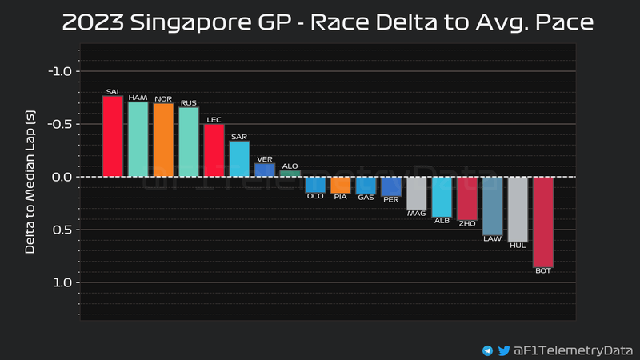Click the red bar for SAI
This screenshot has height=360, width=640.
pos(113,137)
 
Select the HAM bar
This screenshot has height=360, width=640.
pos(138,139)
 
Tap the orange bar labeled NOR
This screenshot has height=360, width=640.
pos(163,140)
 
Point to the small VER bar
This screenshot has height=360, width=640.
pos(265,170)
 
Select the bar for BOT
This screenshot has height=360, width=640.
pos(543,222)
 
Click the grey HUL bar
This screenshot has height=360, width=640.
pos(518,208)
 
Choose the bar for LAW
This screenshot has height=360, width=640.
pos(492,206)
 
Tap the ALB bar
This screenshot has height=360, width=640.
pos(442,197)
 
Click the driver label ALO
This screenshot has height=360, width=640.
pos(290,166)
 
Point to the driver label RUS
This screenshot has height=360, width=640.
pos(189,102)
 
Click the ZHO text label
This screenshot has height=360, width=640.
pos(467,223)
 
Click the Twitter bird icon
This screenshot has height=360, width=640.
pos(504,350)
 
